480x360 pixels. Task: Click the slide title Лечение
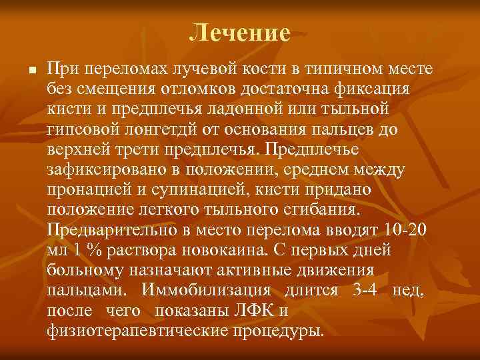pos(239,32)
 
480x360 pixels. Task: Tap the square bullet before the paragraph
pos(23,70)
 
